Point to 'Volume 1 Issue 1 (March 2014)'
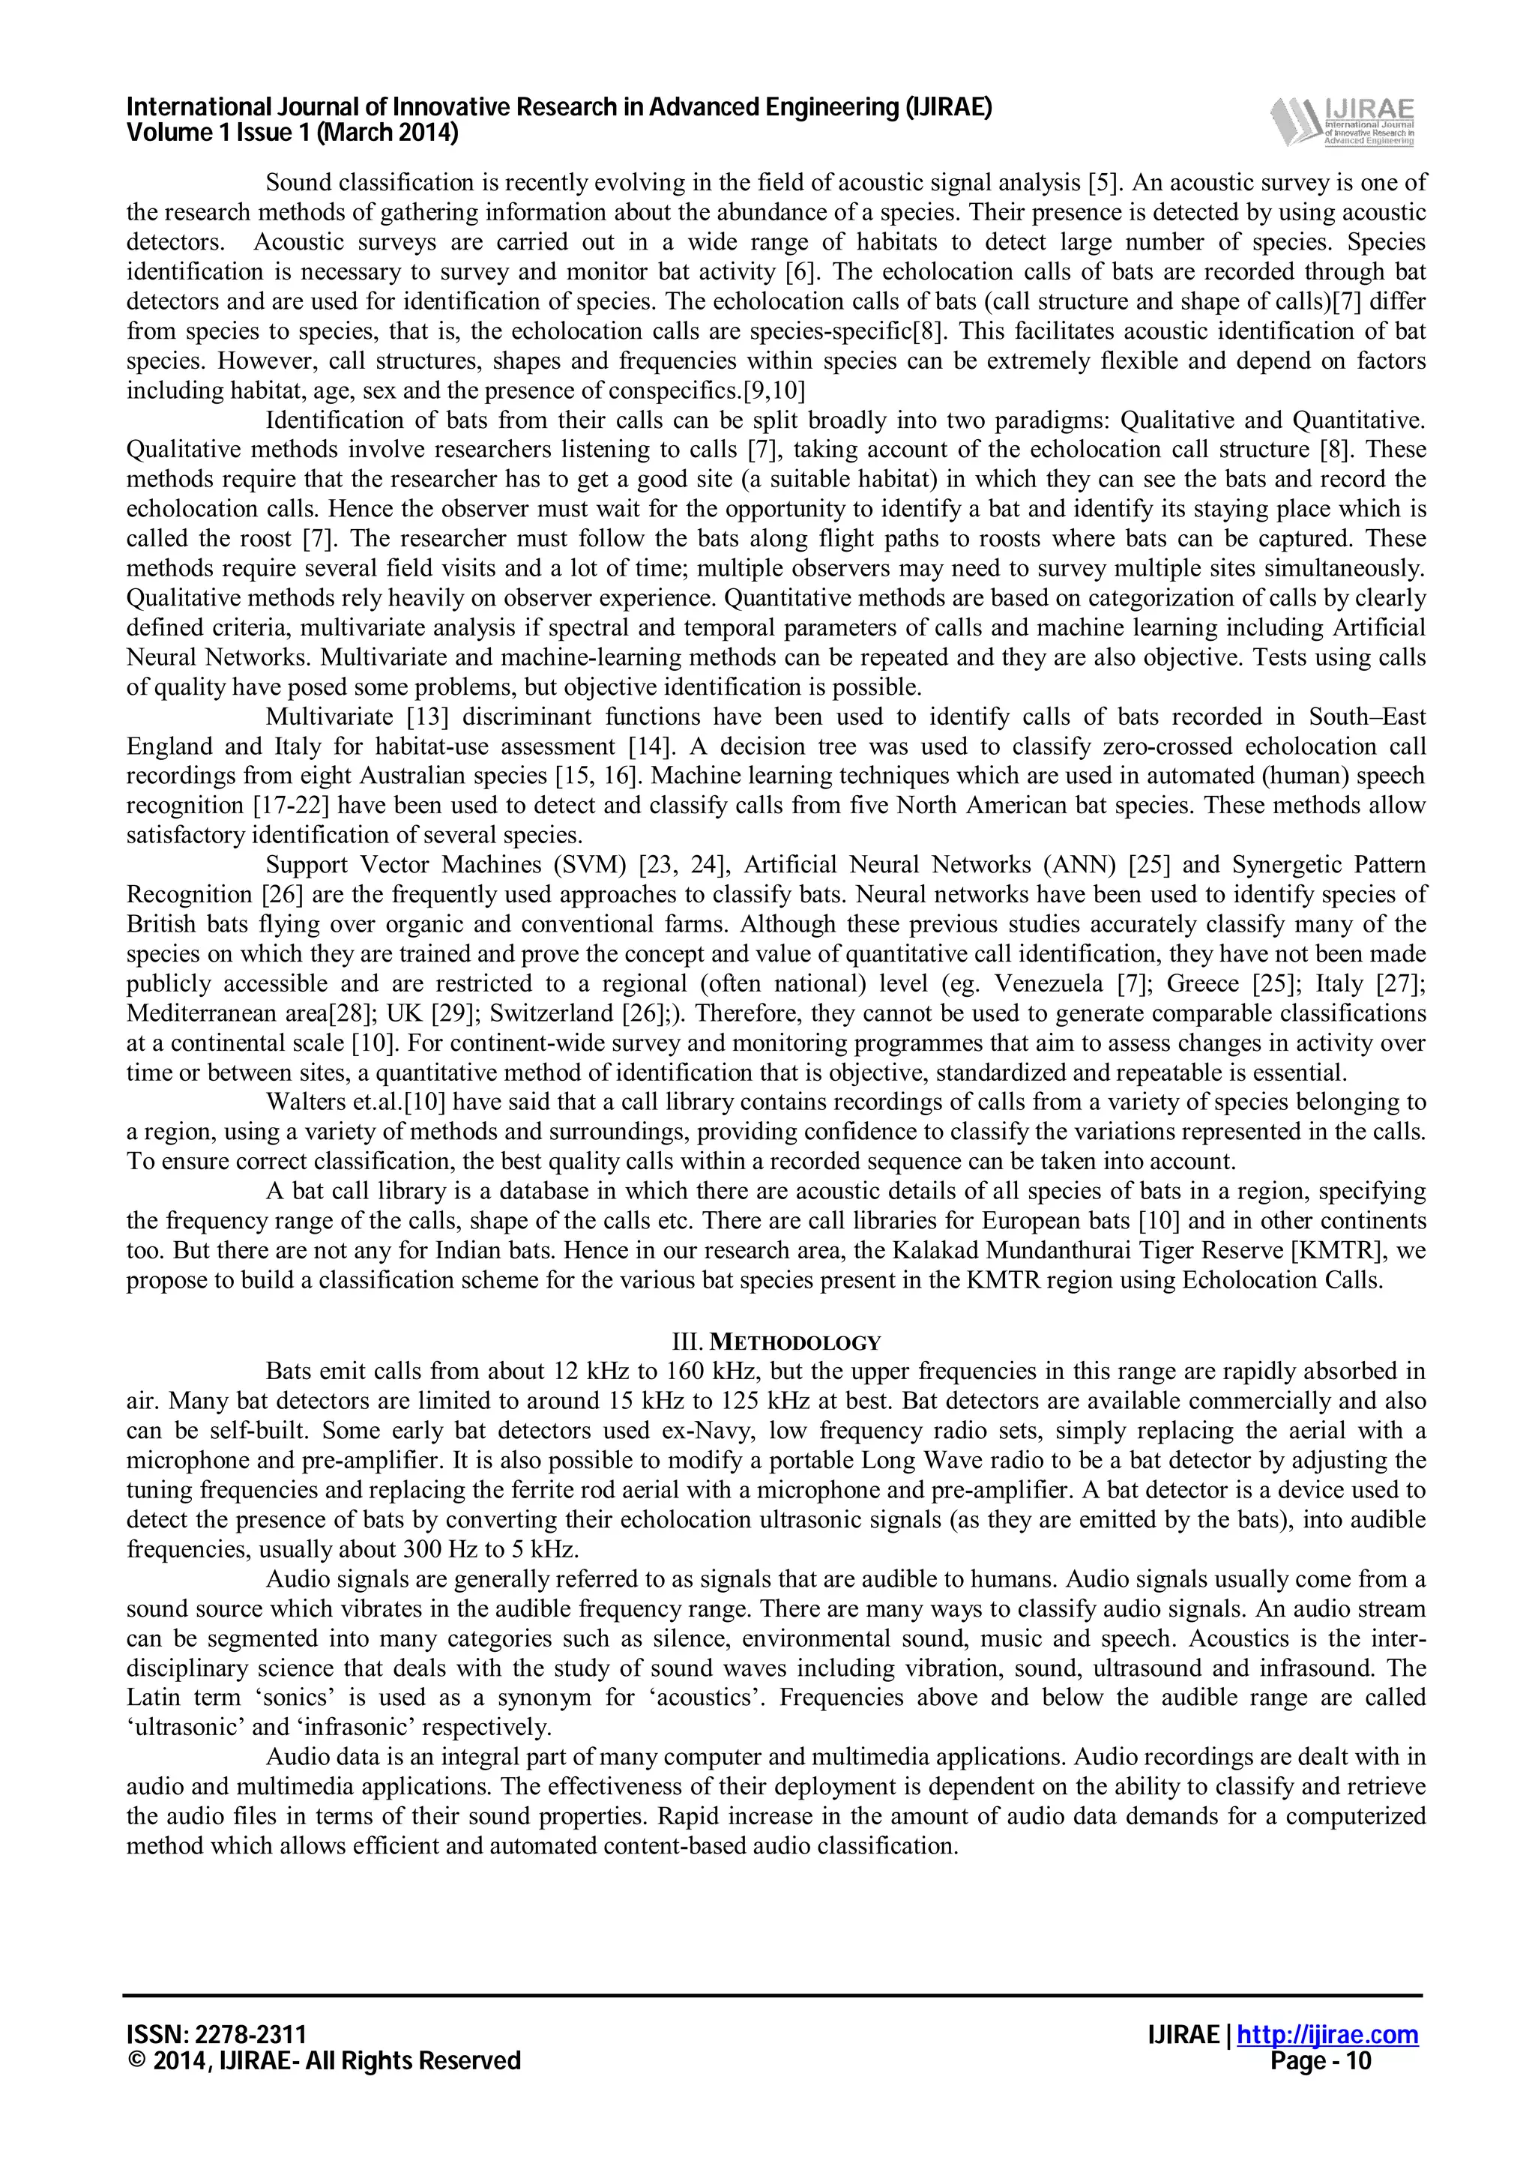292,133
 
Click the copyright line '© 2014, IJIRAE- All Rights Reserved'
324,2060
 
